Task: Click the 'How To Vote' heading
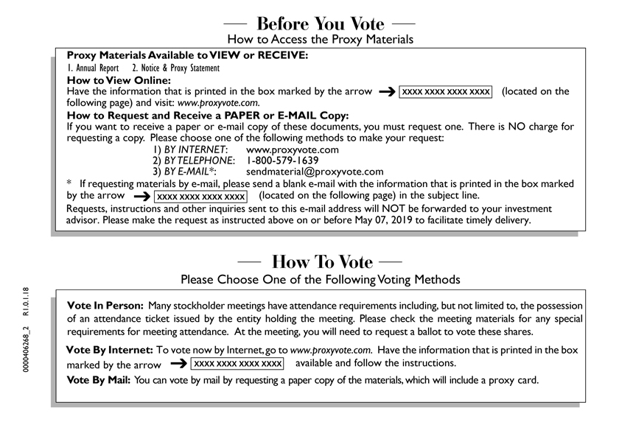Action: pyautogui.click(x=322, y=262)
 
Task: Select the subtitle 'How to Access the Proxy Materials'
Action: pyautogui.click(x=320, y=39)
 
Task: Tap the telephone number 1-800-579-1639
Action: pyautogui.click(x=282, y=161)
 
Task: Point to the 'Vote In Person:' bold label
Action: pyautogui.click(x=105, y=305)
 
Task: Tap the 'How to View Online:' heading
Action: pyautogui.click(x=119, y=80)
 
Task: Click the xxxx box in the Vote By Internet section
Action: pyautogui.click(x=237, y=364)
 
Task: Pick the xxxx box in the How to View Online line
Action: pyautogui.click(x=445, y=91)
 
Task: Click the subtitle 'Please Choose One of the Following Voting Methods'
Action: pyautogui.click(x=321, y=280)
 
